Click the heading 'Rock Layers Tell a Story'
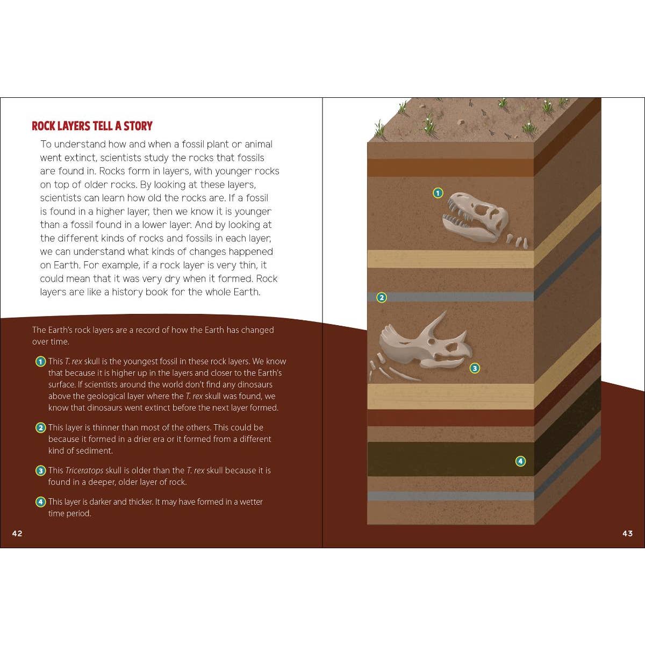click(x=92, y=126)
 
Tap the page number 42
click(x=17, y=534)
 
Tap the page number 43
click(x=628, y=534)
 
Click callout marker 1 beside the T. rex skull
click(x=438, y=193)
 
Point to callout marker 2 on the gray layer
click(x=382, y=297)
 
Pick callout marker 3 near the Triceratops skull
click(x=475, y=368)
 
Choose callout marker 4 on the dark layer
click(x=520, y=461)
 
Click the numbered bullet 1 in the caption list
click(x=40, y=362)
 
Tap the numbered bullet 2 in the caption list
click(x=40, y=427)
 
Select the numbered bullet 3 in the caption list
click(x=40, y=471)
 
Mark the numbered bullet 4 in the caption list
click(x=40, y=502)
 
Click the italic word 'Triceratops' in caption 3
click(x=84, y=471)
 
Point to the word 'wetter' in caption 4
click(x=251, y=501)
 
